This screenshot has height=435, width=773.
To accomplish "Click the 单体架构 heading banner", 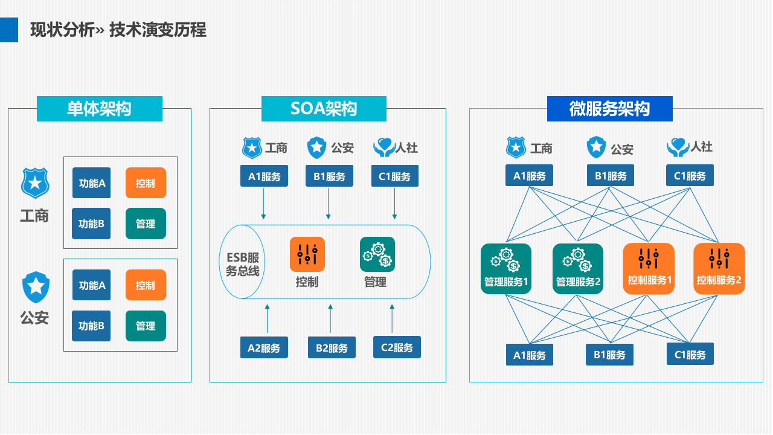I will [x=100, y=109].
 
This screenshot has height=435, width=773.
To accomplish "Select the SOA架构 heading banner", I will [x=324, y=109].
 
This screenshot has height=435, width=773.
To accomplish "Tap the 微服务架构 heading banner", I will [x=609, y=109].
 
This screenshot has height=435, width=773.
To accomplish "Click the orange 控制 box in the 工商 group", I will [x=146, y=183].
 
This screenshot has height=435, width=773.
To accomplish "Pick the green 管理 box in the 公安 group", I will [x=146, y=326].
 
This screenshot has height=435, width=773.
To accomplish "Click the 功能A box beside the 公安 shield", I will [x=91, y=285].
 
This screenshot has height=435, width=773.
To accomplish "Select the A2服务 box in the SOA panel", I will [x=264, y=348].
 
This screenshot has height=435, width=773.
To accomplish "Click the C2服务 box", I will [x=397, y=347].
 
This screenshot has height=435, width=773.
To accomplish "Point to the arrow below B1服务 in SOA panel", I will [x=329, y=204].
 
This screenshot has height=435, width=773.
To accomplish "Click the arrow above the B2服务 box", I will [x=330, y=318].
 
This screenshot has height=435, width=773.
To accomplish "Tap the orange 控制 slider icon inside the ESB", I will [x=307, y=254].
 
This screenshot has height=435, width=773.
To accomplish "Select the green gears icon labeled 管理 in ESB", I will [x=377, y=254].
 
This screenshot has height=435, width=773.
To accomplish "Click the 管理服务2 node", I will [x=578, y=269].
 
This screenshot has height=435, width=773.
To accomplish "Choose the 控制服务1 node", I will [x=649, y=269].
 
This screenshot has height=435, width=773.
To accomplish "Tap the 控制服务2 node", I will [x=719, y=269].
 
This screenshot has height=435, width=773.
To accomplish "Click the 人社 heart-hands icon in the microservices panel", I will [x=678, y=147].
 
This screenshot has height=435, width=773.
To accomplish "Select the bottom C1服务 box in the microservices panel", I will [x=690, y=355].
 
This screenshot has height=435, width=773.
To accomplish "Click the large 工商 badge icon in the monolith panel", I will [x=35, y=183].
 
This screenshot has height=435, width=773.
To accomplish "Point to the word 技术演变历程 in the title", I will [x=158, y=30].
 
